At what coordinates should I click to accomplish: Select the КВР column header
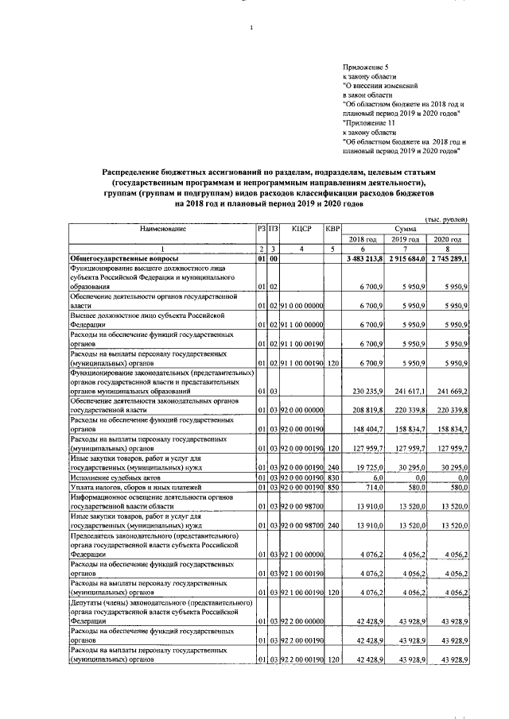pos(332,228)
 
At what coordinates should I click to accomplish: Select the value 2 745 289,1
pos(448,259)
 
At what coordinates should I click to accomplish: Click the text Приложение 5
pos(364,68)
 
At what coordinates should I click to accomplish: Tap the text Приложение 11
pos(367,123)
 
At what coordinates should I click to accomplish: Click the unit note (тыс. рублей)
pos(446,218)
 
